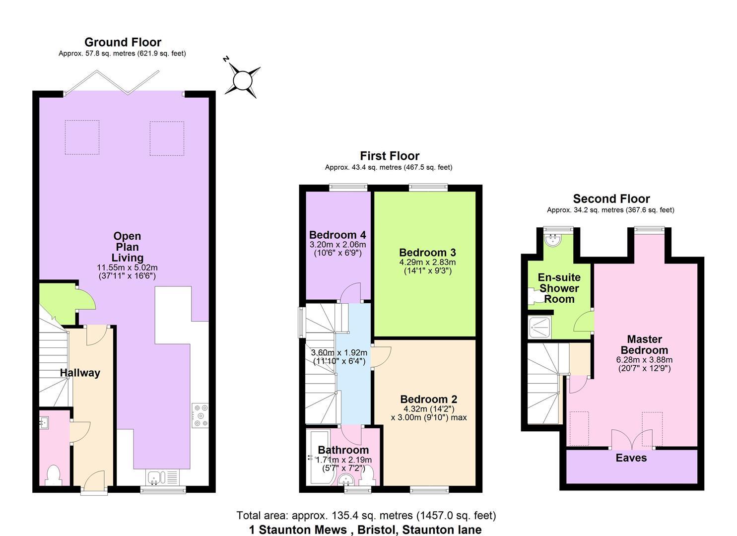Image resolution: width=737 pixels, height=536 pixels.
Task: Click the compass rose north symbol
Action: pos(243,79)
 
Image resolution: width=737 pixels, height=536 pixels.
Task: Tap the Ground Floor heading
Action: pos(123,42)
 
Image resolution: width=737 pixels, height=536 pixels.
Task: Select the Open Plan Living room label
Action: pos(127,247)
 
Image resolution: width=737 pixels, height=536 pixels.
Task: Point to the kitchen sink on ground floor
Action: pos(155,478)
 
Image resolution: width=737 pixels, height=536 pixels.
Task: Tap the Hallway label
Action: pos(80,373)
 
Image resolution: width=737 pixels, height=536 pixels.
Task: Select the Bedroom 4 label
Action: pos(337,235)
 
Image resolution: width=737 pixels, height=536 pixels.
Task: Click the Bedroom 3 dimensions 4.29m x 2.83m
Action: pos(427,263)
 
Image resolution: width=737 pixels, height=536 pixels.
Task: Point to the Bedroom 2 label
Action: pos(429,399)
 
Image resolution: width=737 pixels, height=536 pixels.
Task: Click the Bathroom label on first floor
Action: pos(343,450)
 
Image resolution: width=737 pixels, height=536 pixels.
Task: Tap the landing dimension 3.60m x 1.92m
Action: pos(339,353)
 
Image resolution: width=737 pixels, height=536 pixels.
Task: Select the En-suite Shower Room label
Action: pos(559,288)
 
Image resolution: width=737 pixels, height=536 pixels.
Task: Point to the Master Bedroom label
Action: pos(644,344)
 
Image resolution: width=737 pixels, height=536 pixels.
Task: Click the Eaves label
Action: pos(631,458)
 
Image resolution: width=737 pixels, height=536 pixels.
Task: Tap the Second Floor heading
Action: pos(611,199)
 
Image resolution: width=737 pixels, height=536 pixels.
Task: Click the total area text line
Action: pos(366,516)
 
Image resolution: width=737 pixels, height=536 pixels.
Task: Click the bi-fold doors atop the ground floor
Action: pos(112,82)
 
